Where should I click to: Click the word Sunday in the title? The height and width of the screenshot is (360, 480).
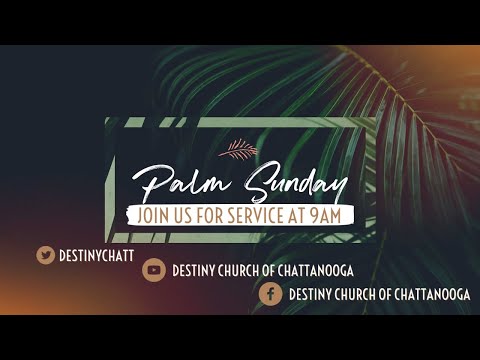pos(291,185)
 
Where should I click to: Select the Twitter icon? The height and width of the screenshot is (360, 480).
pos(45,254)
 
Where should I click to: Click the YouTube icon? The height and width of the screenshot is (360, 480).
pos(153,270)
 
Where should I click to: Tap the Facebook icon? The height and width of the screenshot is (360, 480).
pos(269,294)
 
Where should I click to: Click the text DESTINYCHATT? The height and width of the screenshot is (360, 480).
pos(96,255)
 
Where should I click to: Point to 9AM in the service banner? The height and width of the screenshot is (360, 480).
pos(333,214)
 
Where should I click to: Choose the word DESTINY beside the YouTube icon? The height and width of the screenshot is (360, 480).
pos(195,271)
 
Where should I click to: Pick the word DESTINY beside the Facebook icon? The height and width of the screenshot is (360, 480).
pos(311,295)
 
